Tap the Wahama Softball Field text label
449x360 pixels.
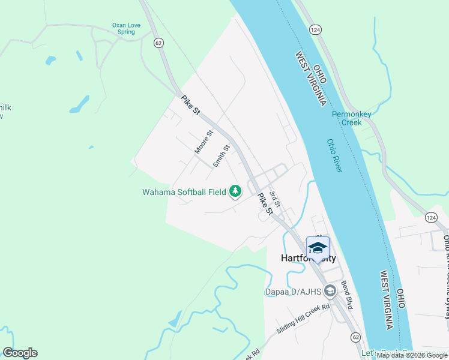tap(184, 192)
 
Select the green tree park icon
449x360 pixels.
tap(236, 191)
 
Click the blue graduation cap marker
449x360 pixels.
tap(318, 248)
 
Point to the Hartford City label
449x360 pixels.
tap(309, 258)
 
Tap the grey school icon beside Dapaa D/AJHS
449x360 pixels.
tap(330, 292)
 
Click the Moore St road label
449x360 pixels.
tap(203, 142)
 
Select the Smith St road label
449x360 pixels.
tap(221, 156)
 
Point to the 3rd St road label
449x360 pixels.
tap(274, 199)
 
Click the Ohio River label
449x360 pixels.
tap(334, 156)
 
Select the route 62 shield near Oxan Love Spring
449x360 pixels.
tap(158, 43)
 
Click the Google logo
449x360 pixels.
tap(20, 353)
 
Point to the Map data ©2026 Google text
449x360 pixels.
tap(412, 355)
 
